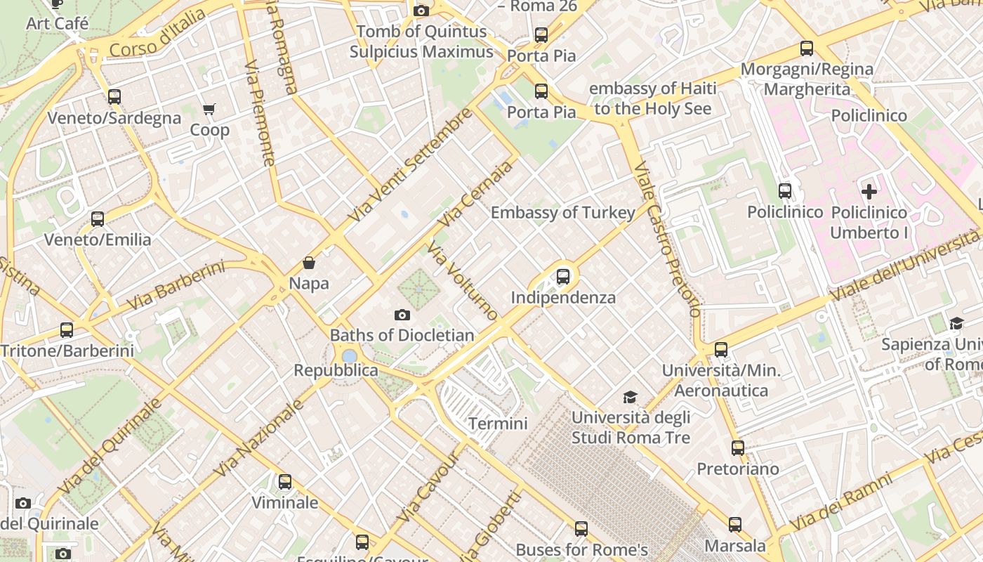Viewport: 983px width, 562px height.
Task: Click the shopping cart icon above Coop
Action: [x=209, y=109]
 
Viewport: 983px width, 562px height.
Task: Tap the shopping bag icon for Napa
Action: [x=309, y=263]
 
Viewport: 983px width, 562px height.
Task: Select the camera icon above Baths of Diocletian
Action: [x=402, y=315]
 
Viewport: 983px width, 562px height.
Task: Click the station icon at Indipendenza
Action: [x=563, y=276]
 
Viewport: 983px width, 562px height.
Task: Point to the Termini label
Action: [x=498, y=424]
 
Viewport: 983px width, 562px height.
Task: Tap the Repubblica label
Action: [x=336, y=370]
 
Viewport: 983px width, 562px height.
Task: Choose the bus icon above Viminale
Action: [x=285, y=482]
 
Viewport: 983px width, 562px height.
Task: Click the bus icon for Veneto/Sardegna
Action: [x=114, y=97]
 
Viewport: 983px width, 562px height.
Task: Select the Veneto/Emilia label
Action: [x=98, y=240]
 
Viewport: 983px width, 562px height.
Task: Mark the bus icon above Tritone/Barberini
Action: [x=67, y=329]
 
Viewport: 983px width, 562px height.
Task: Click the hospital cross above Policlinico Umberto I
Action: [x=869, y=191]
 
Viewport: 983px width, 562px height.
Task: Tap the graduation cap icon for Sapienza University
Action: [x=956, y=323]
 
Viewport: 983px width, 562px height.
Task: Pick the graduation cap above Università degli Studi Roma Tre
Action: [x=631, y=397]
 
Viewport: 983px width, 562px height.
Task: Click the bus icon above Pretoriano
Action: [x=738, y=447]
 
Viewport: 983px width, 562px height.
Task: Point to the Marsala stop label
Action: [x=735, y=546]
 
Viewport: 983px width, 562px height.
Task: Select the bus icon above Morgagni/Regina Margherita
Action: [x=807, y=48]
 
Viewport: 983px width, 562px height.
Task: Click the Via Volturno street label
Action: [x=463, y=281]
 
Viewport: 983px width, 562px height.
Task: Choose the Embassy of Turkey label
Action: [x=563, y=212]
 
